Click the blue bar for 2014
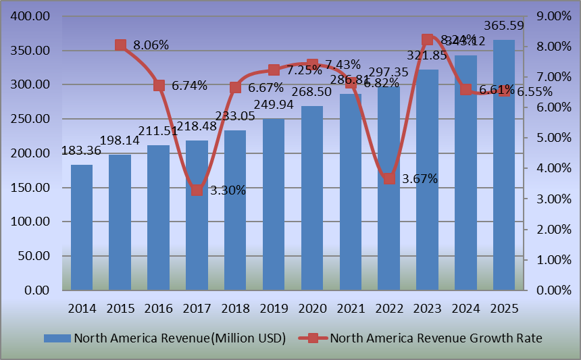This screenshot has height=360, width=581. click(82, 228)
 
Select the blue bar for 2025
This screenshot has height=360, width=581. click(504, 165)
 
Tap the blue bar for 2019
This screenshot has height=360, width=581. click(274, 205)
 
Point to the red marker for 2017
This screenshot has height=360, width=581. click(197, 190)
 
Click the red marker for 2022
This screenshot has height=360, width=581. click(389, 178)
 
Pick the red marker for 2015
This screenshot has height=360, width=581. click(120, 45)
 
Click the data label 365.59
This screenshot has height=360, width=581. click(503, 26)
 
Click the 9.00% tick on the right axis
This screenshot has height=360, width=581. click(553, 16)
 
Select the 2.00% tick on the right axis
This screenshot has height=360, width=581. click(553, 230)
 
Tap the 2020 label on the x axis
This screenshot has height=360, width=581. click(312, 308)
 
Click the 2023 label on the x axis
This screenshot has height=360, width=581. click(428, 308)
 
